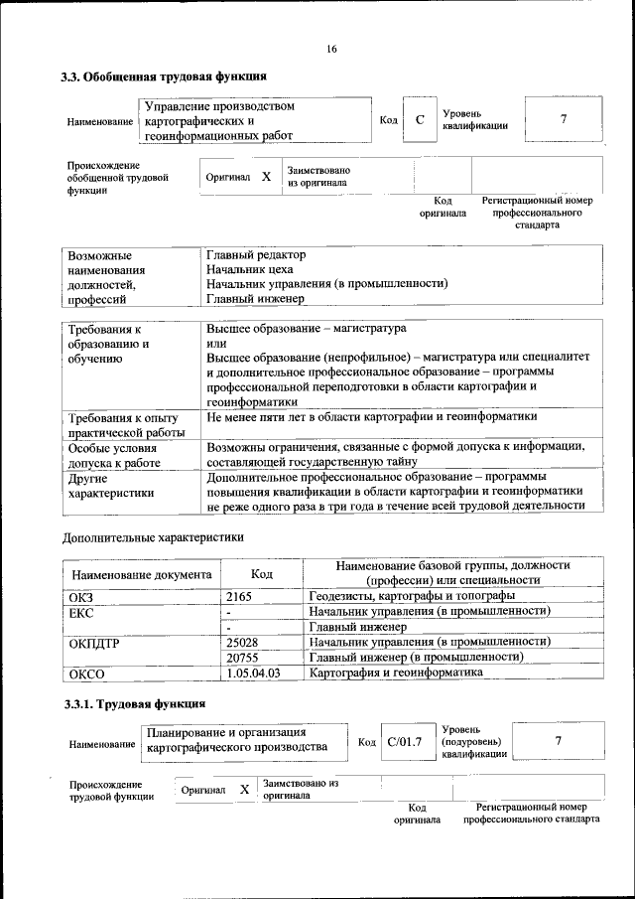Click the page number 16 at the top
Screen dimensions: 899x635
(x=331, y=50)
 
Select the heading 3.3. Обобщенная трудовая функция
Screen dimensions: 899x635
(x=165, y=76)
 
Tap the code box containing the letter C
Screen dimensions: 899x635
(x=420, y=120)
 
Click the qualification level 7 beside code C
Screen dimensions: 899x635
(x=563, y=120)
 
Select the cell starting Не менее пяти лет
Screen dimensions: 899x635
(x=371, y=417)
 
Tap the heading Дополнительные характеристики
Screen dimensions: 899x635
(x=153, y=537)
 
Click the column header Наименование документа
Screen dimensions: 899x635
(x=140, y=574)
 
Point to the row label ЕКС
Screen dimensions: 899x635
(x=80, y=612)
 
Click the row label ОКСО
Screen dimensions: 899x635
(x=84, y=674)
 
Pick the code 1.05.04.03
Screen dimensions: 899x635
(x=254, y=674)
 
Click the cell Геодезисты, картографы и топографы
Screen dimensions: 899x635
(x=412, y=596)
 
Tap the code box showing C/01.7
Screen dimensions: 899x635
(x=405, y=742)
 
